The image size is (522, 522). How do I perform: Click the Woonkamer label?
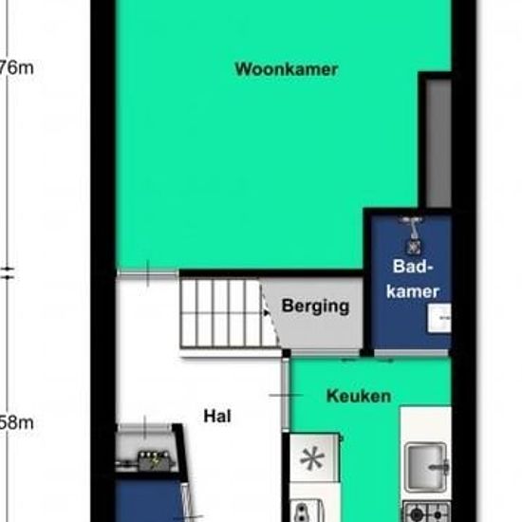[287, 69]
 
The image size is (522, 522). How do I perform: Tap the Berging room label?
[315, 307]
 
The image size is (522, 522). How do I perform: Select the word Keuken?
[358, 396]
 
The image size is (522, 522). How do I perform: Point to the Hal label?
[217, 416]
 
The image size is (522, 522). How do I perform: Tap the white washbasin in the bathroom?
[439, 319]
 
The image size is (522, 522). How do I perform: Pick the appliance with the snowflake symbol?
[312, 460]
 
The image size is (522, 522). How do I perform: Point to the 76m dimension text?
[17, 68]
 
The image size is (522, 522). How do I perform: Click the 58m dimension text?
[17, 423]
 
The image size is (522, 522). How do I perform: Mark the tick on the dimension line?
[9, 273]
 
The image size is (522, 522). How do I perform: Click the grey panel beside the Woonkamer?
[437, 142]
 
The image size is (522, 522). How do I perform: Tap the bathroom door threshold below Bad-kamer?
[411, 356]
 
